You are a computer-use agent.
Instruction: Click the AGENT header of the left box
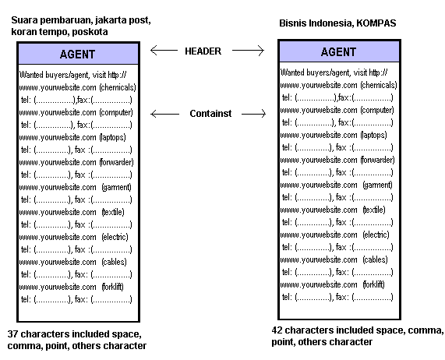click(77, 55)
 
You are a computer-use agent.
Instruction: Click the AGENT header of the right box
click(338, 52)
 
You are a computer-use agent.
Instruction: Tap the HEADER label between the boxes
click(203, 51)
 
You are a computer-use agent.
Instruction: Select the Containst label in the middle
click(210, 114)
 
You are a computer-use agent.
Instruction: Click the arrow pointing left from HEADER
click(164, 51)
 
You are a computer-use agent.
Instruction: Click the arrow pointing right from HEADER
click(248, 51)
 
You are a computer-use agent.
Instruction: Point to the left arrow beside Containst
click(165, 114)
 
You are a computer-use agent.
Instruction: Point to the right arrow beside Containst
click(253, 114)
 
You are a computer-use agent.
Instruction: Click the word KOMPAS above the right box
click(376, 23)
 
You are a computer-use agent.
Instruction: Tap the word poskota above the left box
click(90, 32)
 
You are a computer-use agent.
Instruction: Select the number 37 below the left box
click(12, 334)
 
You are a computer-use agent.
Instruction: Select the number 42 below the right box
click(277, 330)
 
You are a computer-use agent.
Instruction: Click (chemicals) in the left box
click(118, 87)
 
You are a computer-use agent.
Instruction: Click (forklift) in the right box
click(373, 284)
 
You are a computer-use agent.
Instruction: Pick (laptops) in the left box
click(112, 137)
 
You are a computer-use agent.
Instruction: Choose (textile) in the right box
click(374, 210)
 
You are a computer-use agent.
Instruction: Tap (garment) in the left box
click(117, 187)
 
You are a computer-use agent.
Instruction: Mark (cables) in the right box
click(375, 259)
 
